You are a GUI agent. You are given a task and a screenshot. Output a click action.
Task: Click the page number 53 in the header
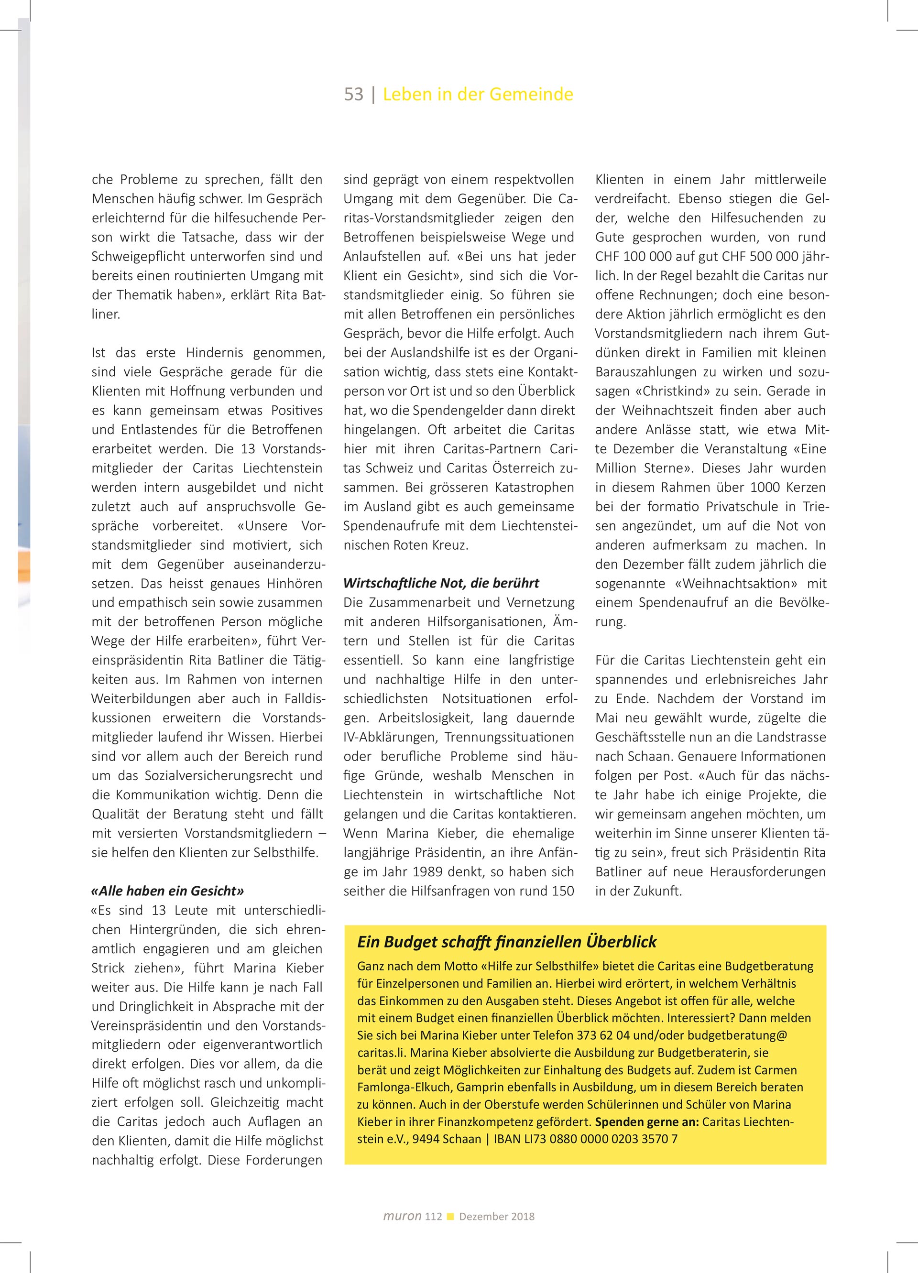point(354,94)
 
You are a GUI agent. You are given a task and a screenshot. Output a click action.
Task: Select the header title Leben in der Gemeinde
point(478,94)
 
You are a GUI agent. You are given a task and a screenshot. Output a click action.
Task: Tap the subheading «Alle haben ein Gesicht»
point(168,891)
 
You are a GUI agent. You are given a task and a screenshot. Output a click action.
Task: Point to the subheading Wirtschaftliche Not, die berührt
point(441,583)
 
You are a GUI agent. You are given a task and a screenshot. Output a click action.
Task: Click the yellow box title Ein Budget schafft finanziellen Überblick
point(506,942)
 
